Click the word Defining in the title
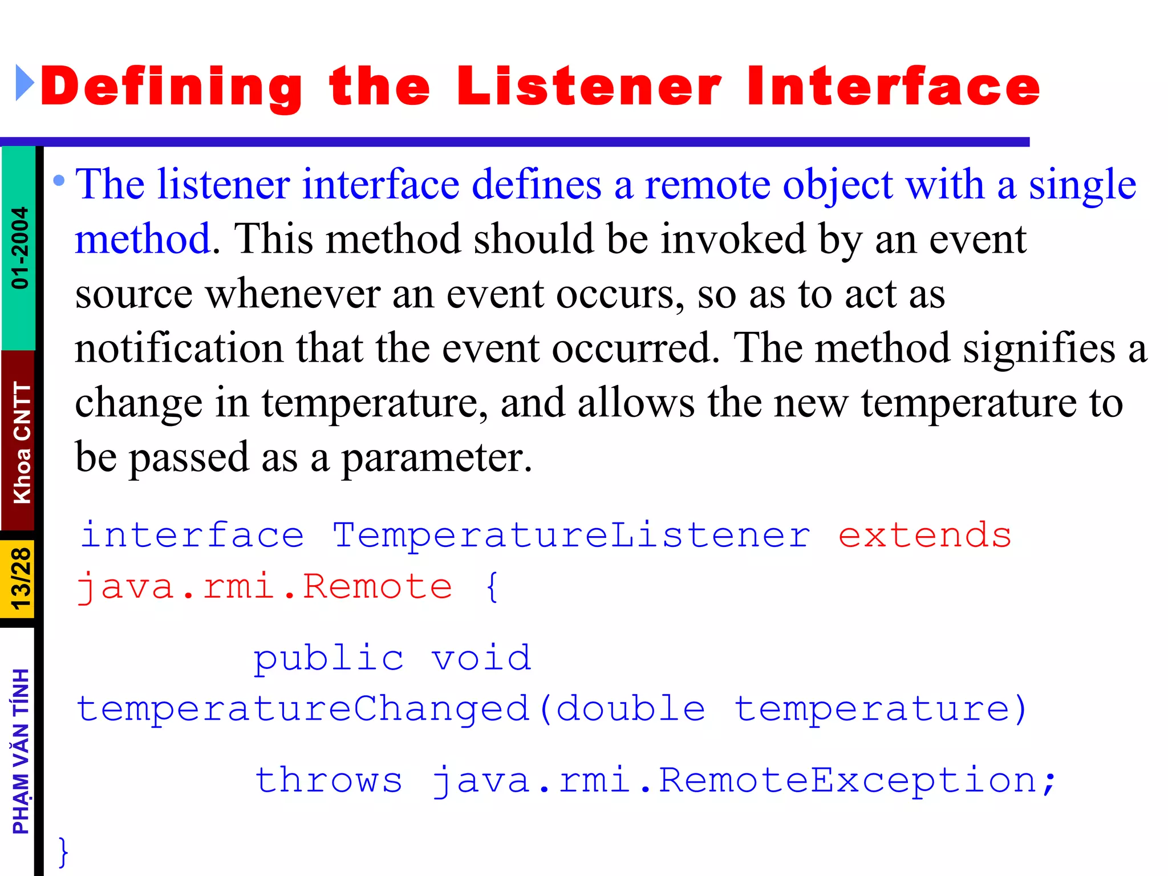click(x=171, y=87)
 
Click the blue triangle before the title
click(x=24, y=83)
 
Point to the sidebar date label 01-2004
click(x=20, y=248)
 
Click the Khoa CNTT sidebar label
click(x=22, y=443)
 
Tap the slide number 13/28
click(x=20, y=579)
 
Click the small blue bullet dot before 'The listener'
click(x=59, y=181)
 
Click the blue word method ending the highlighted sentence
click(x=143, y=238)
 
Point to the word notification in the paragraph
click(x=179, y=348)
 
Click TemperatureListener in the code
click(x=571, y=536)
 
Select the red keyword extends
click(x=924, y=536)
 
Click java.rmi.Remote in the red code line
click(x=265, y=587)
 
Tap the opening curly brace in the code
click(x=492, y=587)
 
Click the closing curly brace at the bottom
click(x=63, y=851)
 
